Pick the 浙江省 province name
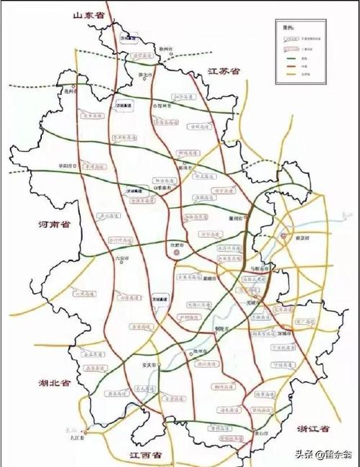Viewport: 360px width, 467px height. pos(312,429)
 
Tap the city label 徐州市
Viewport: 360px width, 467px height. pos(168,48)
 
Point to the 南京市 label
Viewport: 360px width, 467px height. pos(301,238)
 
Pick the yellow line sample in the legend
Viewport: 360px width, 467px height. pos(292,74)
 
